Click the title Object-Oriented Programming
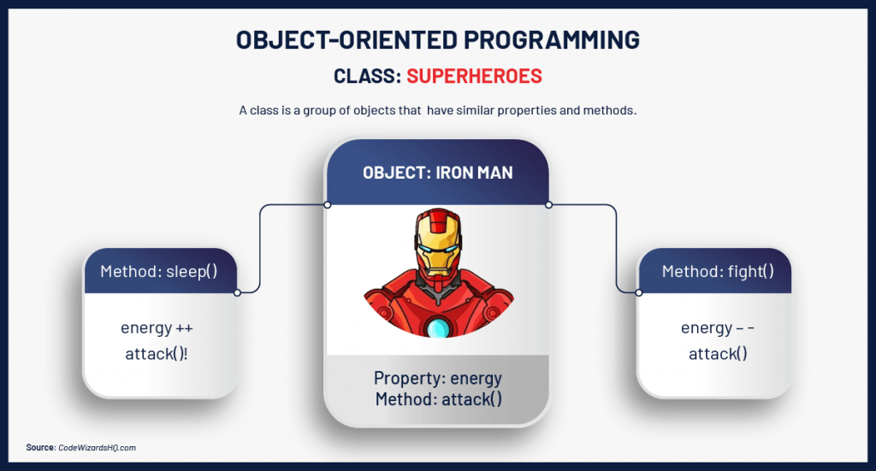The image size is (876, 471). [x=437, y=39]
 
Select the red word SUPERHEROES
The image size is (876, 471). [x=474, y=76]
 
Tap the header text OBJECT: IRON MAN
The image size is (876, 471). [x=437, y=173]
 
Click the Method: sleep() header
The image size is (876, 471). [x=159, y=272]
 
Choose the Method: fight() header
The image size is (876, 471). [x=717, y=272]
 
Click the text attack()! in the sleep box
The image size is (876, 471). [x=159, y=353]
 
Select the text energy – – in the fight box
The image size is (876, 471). [x=717, y=328]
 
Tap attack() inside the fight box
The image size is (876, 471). [x=717, y=353]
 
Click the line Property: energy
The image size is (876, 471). [x=437, y=378]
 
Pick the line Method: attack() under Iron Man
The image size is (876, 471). [x=437, y=398]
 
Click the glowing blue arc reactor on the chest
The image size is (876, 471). [x=438, y=327]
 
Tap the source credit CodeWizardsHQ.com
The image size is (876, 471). [x=97, y=447]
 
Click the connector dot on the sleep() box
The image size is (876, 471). [x=237, y=292]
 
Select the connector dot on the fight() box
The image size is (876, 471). [x=638, y=292]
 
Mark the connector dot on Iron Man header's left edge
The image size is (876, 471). [x=327, y=204]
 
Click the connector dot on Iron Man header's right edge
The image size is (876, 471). [x=548, y=204]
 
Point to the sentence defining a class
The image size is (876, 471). [x=437, y=111]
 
